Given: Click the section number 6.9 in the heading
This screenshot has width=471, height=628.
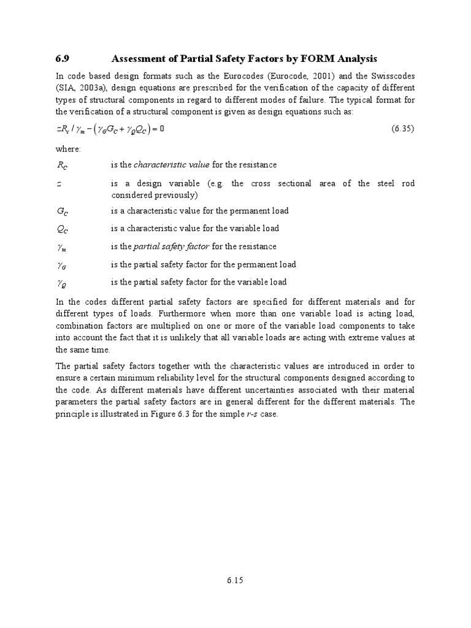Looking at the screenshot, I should coord(62,59).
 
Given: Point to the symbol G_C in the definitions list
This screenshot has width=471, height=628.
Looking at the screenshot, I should coord(62,211).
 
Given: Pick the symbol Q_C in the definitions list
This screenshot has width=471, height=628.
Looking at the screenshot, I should coord(62,229).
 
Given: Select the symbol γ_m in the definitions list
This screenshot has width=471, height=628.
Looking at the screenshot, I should coord(62,247).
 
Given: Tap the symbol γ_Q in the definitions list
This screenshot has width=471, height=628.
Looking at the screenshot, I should coord(62,283).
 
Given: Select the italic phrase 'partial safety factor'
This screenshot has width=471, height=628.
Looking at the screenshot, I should coord(172,247).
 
